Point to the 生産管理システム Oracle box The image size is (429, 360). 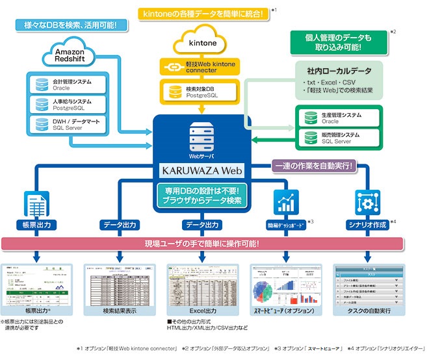click(339, 118)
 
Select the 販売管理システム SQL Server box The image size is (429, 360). click(339, 138)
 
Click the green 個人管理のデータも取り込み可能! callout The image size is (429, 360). click(337, 42)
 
